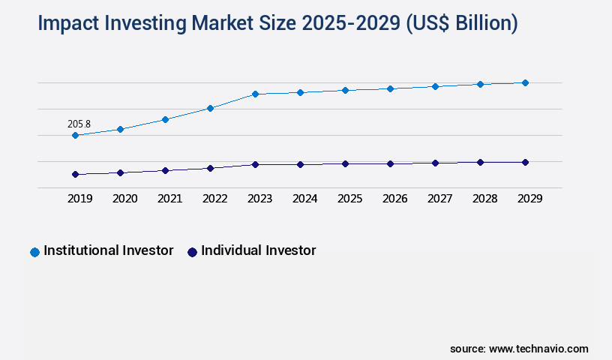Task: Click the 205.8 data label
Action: [79, 124]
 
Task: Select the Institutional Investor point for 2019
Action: [75, 136]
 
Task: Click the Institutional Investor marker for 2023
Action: [255, 94]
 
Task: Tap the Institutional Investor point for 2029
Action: [525, 82]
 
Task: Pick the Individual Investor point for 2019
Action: [75, 174]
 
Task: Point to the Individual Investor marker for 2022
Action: [210, 168]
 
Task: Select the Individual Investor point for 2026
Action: [390, 163]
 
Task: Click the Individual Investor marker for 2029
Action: [525, 162]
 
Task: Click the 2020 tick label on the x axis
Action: [124, 199]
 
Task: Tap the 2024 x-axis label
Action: [304, 199]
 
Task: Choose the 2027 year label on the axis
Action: [439, 199]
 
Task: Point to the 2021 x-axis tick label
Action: [169, 199]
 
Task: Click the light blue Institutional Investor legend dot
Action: [34, 252]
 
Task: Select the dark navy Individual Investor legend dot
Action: [192, 252]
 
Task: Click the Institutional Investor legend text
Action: [109, 250]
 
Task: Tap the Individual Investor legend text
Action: [259, 250]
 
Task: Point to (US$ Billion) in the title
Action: [461, 23]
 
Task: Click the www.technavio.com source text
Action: [538, 349]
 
